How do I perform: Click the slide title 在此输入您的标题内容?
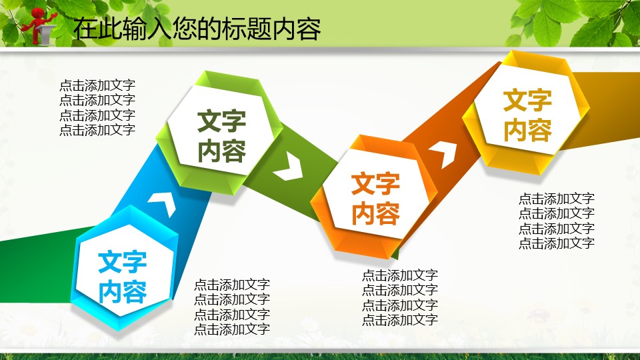pyautogui.click(x=197, y=29)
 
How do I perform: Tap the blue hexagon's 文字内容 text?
pyautogui.click(x=123, y=277)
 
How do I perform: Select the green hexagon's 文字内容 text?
pyautogui.click(x=221, y=136)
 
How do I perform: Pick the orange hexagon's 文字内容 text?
pyautogui.click(x=375, y=199)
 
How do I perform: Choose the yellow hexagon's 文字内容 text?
pyautogui.click(x=527, y=115)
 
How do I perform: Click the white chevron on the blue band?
pyautogui.click(x=163, y=203)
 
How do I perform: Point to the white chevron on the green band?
pyautogui.click(x=289, y=166)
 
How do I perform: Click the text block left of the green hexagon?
pyautogui.click(x=97, y=108)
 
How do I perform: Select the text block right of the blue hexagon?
pyautogui.click(x=232, y=307)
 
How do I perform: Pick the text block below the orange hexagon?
pyautogui.click(x=400, y=297)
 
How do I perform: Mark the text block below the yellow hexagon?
pyautogui.click(x=557, y=221)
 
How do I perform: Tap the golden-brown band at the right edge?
pyautogui.click(x=604, y=109)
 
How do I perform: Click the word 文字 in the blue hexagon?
pyautogui.click(x=123, y=262)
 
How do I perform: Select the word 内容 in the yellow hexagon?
pyautogui.click(x=527, y=131)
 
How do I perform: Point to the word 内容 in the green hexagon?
pyautogui.click(x=221, y=151)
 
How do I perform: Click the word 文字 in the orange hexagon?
pyautogui.click(x=375, y=184)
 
